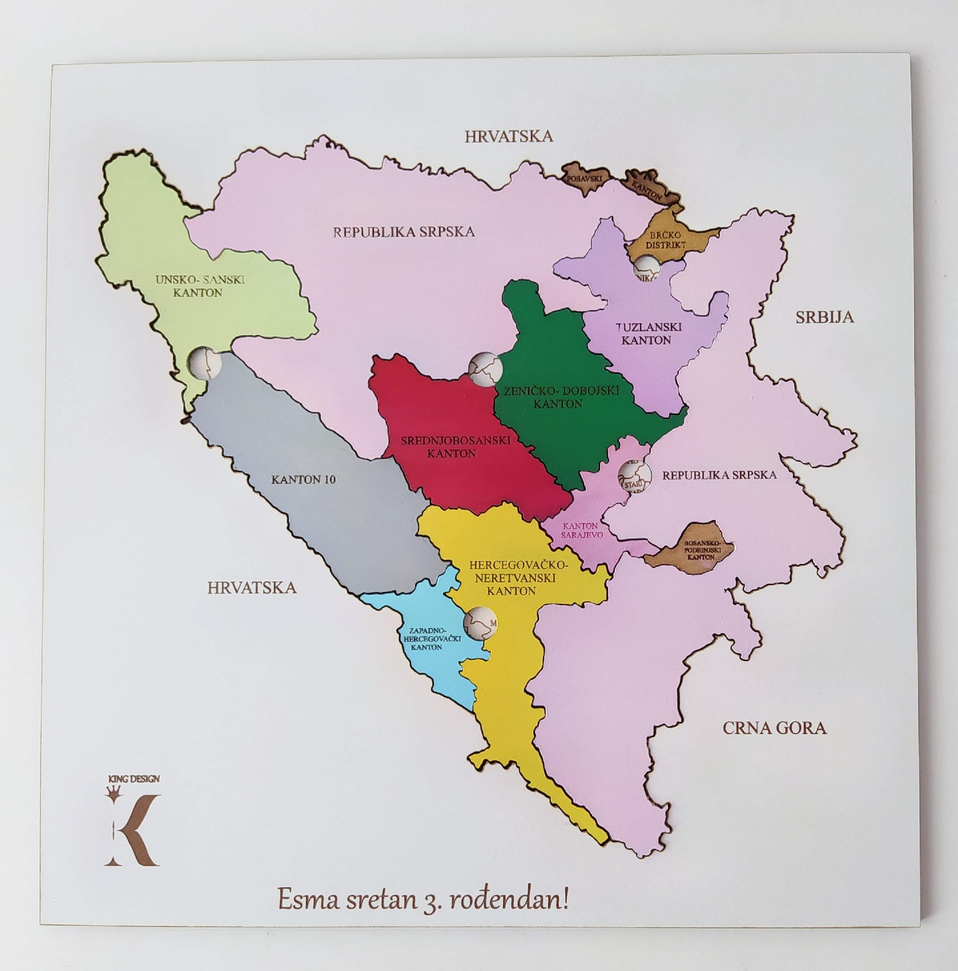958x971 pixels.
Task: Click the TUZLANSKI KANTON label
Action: [x=649, y=333]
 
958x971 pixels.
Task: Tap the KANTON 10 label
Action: [x=303, y=479]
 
